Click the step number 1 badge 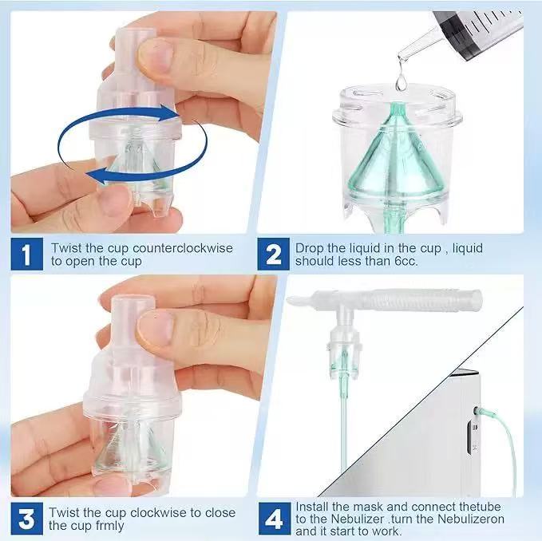(x=26, y=255)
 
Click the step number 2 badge (x=274, y=255)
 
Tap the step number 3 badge (x=26, y=519)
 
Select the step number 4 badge (x=274, y=519)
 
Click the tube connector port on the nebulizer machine (x=477, y=413)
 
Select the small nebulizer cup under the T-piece (x=342, y=351)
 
